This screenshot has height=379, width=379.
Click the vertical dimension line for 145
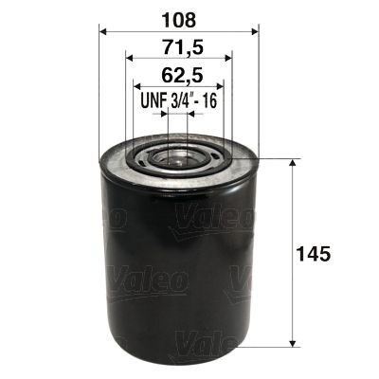[x=291, y=218]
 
